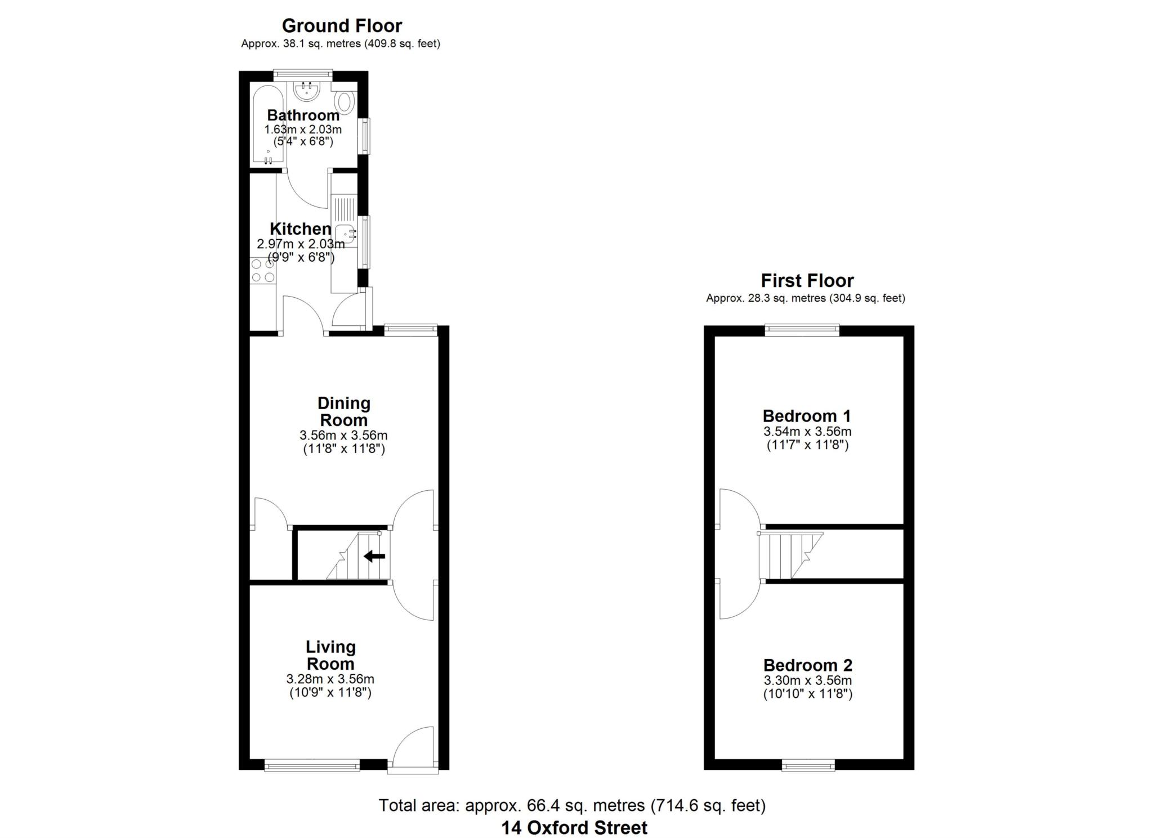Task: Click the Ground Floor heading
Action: click(342, 26)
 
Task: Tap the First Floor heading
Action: click(807, 280)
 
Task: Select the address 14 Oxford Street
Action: click(574, 827)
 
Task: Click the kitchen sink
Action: click(345, 234)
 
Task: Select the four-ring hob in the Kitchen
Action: click(262, 270)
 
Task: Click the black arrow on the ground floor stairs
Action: click(374, 557)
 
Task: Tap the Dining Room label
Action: click(343, 411)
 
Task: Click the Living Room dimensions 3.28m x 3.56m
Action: click(330, 679)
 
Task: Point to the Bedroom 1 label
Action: click(807, 416)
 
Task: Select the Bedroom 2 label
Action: click(807, 665)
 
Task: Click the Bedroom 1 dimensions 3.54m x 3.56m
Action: click(807, 432)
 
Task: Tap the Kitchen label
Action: click(301, 229)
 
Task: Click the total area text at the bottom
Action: click(572, 806)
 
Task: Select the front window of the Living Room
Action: click(312, 764)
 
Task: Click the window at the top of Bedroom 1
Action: click(802, 330)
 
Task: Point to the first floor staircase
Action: click(790, 555)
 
